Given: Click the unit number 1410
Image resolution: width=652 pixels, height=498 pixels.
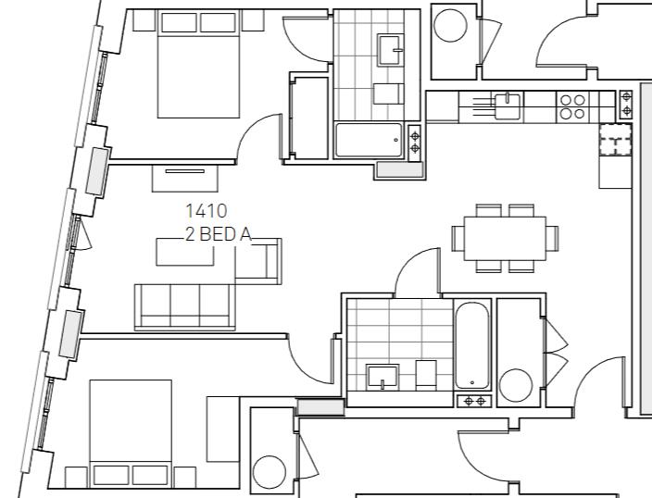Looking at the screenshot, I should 206,212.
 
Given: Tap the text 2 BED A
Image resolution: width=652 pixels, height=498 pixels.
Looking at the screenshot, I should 218,235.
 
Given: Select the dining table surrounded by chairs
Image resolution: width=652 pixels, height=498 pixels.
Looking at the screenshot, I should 505,238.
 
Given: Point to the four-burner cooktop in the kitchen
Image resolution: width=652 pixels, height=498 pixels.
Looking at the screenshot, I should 571,106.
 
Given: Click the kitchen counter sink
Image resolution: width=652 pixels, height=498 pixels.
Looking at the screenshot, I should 506,106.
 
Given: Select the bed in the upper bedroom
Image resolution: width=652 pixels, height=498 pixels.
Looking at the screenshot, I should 198,65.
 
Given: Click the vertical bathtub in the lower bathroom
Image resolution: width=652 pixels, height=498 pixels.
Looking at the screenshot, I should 471,345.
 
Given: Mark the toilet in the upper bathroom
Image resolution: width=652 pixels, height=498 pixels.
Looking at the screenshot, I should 387,93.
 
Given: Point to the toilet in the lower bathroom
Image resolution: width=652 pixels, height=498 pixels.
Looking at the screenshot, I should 425,374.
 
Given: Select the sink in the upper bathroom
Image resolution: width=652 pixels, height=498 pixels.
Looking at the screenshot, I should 391,46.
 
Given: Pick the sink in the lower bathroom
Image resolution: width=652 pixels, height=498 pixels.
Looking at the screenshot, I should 382,377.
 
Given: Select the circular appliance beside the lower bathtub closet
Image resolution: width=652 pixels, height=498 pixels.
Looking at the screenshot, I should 515,383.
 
